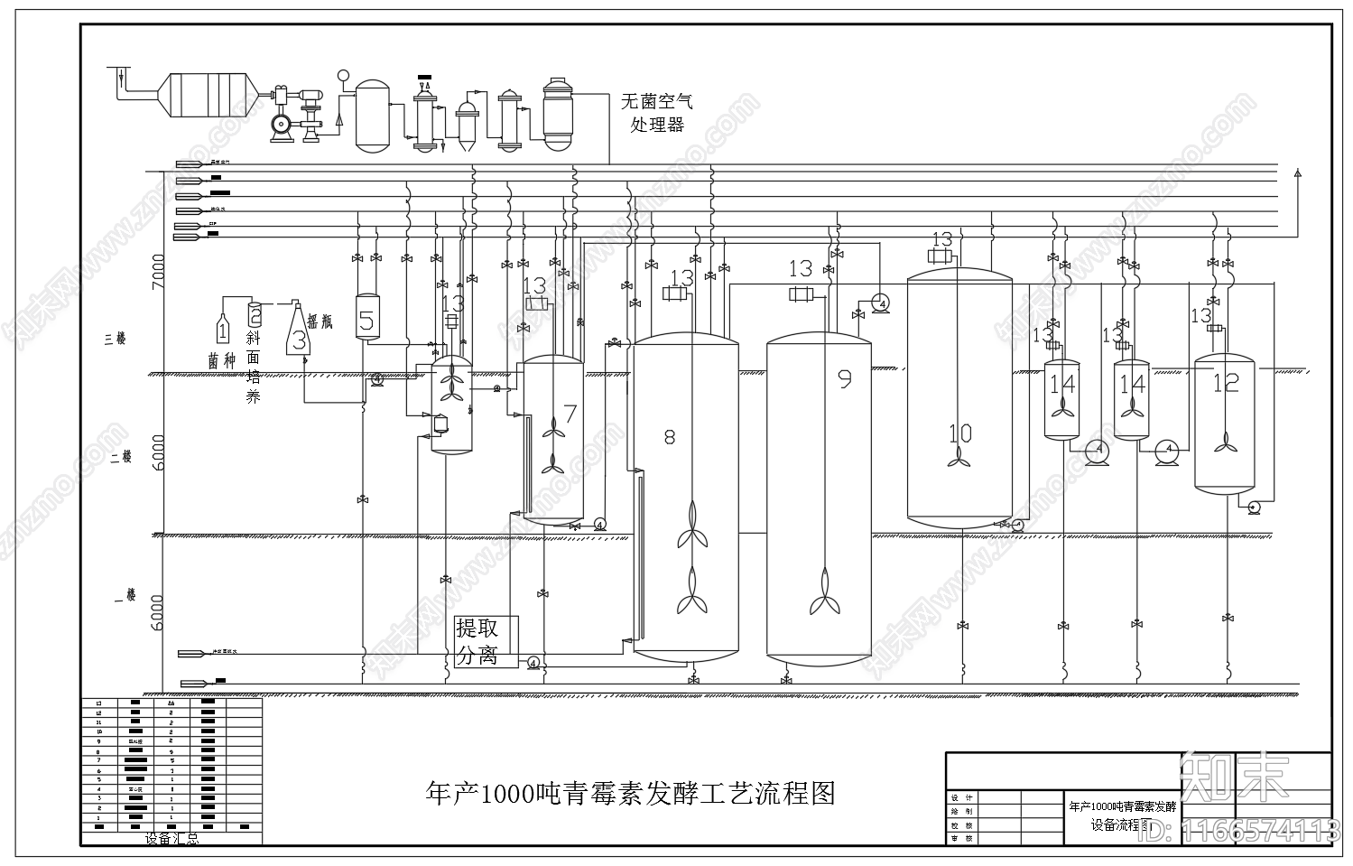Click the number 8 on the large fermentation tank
click(669, 437)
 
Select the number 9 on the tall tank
click(845, 378)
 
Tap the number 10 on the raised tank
click(959, 433)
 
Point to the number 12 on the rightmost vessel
click(1225, 383)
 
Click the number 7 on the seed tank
click(570, 414)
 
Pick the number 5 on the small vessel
click(366, 321)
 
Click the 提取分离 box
click(487, 641)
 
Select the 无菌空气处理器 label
click(657, 114)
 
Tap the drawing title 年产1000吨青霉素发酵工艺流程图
click(630, 794)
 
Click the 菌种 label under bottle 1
click(221, 360)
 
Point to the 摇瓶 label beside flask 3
click(320, 321)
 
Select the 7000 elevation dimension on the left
click(159, 271)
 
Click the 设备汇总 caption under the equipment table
click(172, 839)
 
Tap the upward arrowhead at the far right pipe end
click(1298, 172)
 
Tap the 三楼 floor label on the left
click(115, 339)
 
